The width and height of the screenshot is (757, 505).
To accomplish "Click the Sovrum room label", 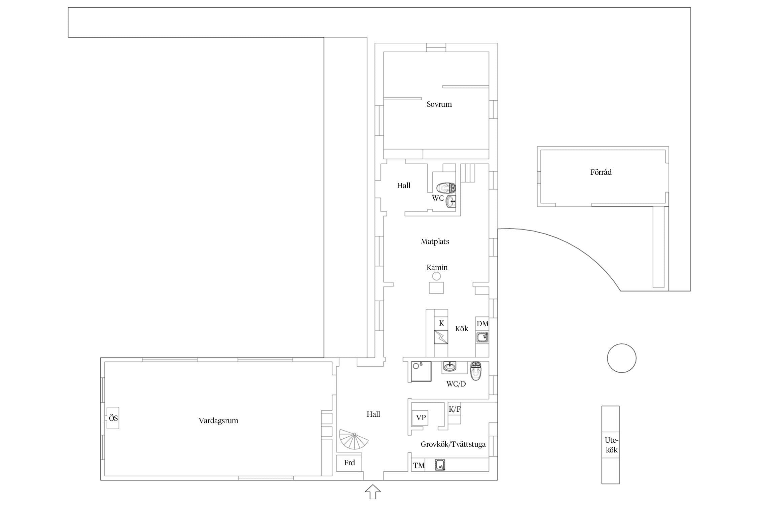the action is [x=439, y=104].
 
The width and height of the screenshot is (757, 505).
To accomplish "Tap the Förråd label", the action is [x=601, y=172].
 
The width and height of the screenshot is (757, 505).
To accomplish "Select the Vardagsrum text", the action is [x=218, y=421].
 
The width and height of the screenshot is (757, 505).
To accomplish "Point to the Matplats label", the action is [x=435, y=242].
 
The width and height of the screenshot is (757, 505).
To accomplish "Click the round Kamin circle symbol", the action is [x=436, y=276].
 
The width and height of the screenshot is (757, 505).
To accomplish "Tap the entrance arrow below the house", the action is [x=373, y=492].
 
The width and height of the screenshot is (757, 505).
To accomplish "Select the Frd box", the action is [x=349, y=463].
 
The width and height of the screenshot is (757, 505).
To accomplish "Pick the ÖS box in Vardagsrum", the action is [x=113, y=418].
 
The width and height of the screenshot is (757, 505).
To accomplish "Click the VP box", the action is [x=420, y=418].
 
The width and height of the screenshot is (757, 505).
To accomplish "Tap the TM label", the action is [x=419, y=466].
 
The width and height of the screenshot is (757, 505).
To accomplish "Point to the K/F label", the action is [x=455, y=409].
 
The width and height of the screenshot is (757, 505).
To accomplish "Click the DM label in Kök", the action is [x=482, y=324].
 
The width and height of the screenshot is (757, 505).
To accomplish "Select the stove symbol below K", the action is [x=441, y=337].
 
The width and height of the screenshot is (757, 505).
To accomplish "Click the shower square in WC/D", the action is [x=421, y=372].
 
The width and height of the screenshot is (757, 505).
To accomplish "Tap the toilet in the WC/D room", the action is [x=476, y=371].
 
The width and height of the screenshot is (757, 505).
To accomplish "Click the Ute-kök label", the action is [x=611, y=445].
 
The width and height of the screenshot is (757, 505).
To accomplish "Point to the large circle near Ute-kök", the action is [x=622, y=358].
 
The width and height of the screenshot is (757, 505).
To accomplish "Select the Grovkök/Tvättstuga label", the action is [x=453, y=444].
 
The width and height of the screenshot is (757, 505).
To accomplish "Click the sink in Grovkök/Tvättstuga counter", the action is [x=440, y=465].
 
